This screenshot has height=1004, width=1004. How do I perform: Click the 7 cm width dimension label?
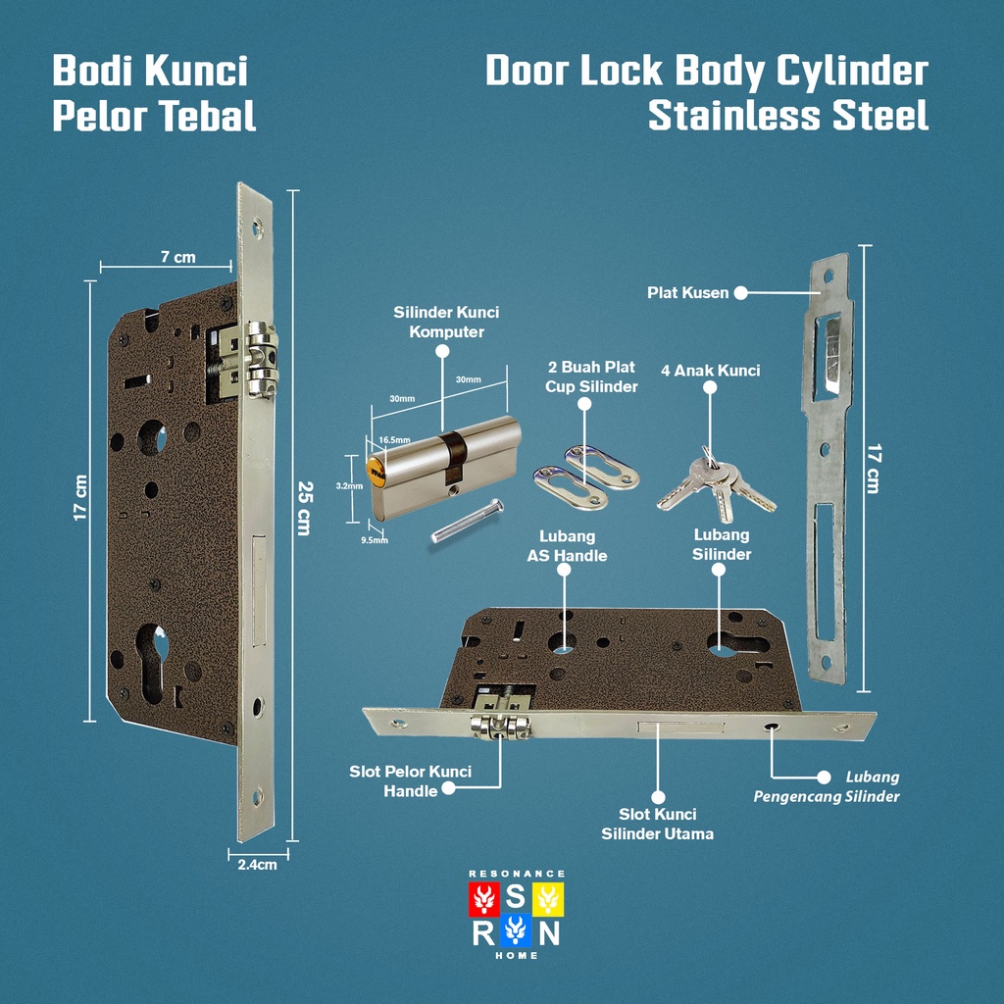point(177,257)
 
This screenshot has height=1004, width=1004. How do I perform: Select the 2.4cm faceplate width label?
point(257,865)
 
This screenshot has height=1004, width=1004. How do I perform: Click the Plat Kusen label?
point(687,292)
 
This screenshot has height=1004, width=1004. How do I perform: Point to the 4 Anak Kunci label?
point(711,371)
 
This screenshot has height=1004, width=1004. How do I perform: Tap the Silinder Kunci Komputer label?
point(446,322)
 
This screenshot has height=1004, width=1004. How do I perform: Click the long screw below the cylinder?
point(467,521)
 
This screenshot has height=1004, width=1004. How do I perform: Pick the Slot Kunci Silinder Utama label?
point(657,824)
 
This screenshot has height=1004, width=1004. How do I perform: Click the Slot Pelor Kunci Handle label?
point(410,780)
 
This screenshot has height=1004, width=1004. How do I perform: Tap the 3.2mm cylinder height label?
point(349,485)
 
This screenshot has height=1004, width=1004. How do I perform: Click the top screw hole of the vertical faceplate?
point(258,230)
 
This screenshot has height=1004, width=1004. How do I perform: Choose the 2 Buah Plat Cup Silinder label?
point(592,376)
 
